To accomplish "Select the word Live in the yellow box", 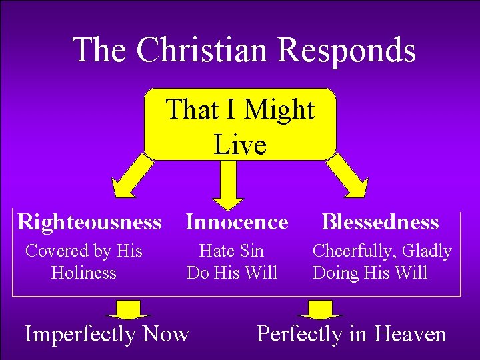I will pyautogui.click(x=240, y=144).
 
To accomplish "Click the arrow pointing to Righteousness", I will pyautogui.click(x=133, y=177).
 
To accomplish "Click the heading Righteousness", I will pyautogui.click(x=89, y=221).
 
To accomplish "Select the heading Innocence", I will pyautogui.click(x=237, y=221).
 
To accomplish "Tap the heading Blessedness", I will pyautogui.click(x=381, y=221).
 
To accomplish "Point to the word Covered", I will pyautogui.click(x=57, y=251).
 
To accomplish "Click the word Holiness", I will pyautogui.click(x=83, y=273).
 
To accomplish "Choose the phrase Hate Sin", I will pyautogui.click(x=231, y=251).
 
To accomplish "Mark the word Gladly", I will pyautogui.click(x=427, y=251).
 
